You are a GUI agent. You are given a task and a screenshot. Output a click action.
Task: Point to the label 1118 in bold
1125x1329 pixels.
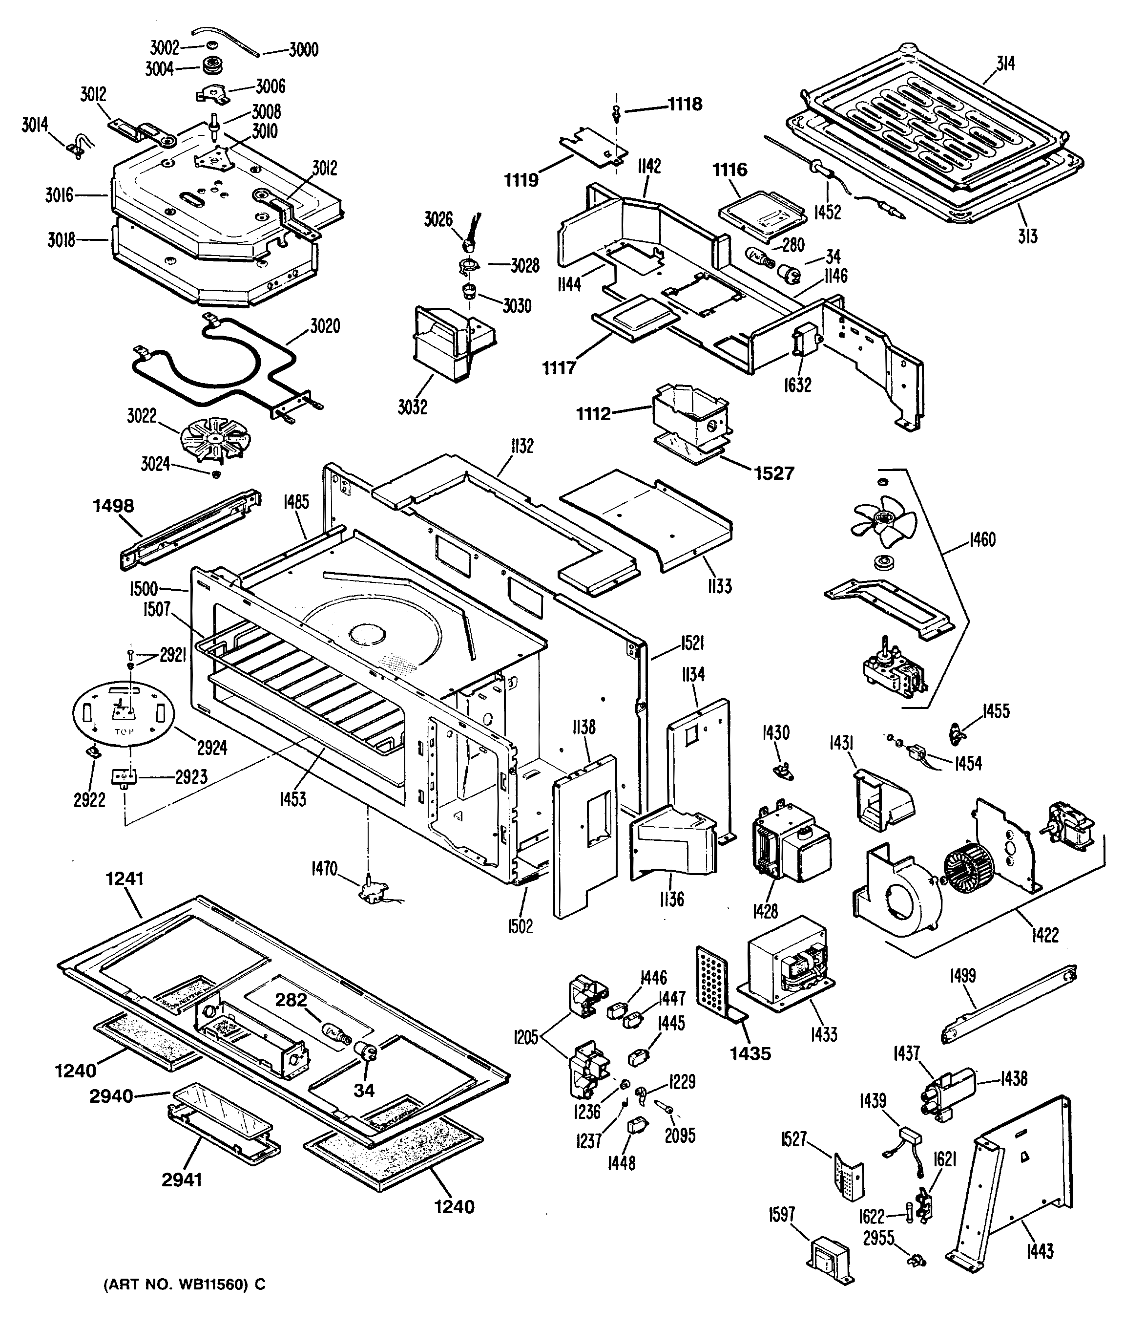click(685, 104)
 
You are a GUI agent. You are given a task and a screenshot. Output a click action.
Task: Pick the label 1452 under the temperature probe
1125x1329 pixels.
click(827, 212)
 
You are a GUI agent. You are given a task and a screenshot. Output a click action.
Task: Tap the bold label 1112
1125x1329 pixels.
click(593, 414)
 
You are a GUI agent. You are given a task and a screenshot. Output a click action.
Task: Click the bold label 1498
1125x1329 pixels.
click(113, 506)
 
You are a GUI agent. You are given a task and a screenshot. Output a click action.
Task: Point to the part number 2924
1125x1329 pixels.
click(212, 747)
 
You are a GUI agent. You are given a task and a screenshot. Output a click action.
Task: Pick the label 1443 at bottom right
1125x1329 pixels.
click(1040, 1251)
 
